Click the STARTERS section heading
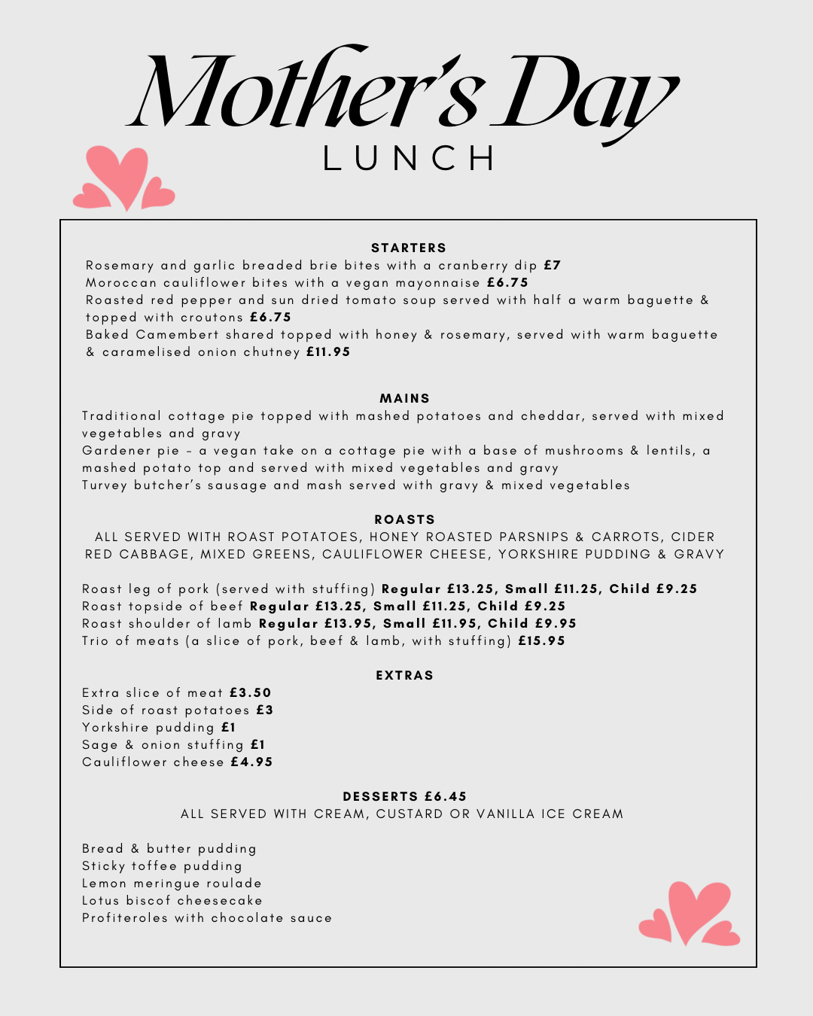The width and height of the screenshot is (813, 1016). click(409, 248)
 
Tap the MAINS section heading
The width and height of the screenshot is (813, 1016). click(405, 398)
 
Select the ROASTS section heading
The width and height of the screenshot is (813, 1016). click(405, 519)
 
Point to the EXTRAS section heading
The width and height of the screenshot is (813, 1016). click(405, 675)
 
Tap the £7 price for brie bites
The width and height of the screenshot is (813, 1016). click(553, 265)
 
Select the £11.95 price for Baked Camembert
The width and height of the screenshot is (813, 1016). click(328, 351)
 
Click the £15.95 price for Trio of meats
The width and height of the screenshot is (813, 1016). click(542, 640)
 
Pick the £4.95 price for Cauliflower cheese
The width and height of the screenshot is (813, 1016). click(252, 762)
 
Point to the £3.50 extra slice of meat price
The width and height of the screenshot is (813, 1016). click(251, 692)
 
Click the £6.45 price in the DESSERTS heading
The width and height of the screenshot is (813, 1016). click(446, 796)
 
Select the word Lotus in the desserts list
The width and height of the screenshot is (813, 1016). click(100, 900)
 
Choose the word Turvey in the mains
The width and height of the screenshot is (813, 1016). click(105, 485)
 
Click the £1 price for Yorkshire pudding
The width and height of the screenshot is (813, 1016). click(229, 727)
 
